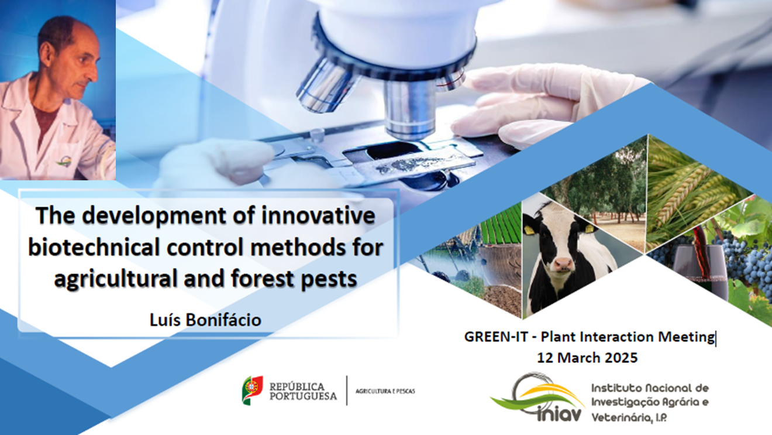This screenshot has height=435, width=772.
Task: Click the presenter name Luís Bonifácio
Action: point(205,320)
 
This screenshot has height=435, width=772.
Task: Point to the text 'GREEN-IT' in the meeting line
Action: point(496,337)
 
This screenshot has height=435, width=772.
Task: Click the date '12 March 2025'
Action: point(587,358)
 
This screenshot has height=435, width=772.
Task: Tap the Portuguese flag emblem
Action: point(252,390)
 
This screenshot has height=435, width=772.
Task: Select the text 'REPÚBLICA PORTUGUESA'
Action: point(303,391)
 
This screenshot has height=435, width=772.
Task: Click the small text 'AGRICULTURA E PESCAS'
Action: point(385,391)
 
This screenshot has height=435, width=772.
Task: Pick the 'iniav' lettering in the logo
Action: point(561,415)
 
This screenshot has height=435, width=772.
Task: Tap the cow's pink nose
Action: point(563,265)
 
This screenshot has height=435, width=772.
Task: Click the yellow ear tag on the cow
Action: point(590,228)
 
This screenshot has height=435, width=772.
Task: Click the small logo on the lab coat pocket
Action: point(64,161)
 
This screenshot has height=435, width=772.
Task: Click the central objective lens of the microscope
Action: point(409,107)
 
